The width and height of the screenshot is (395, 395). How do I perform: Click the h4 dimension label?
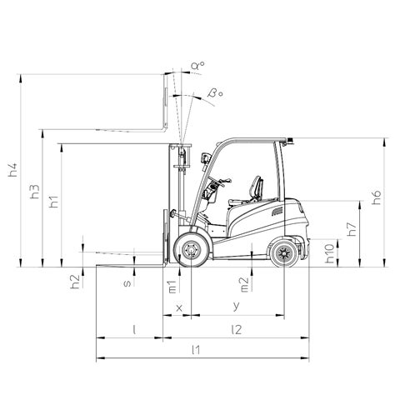click(x=12, y=170)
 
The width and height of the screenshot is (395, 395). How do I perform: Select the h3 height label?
click(x=35, y=192)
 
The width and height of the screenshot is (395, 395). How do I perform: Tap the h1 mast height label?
click(x=54, y=202)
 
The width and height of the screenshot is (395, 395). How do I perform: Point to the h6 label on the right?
click(x=377, y=197)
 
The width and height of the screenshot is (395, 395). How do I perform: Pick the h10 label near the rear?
click(x=330, y=253)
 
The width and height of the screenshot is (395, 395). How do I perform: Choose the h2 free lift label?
click(x=75, y=282)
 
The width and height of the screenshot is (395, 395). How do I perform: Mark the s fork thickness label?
click(x=127, y=283)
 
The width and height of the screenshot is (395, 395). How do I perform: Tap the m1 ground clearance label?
click(x=172, y=287)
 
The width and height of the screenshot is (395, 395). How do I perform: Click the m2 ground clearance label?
click(x=244, y=285)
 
